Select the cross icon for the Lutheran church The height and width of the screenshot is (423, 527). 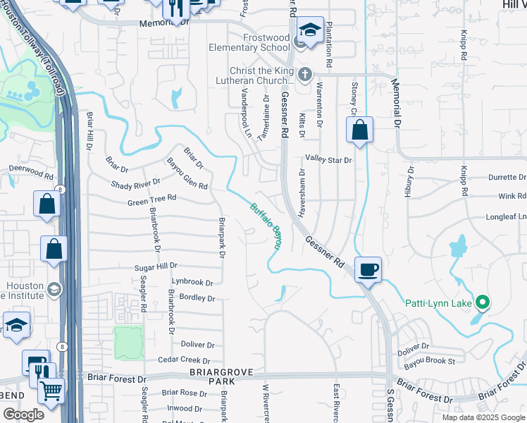click(304, 74)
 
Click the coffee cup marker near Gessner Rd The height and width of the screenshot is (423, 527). click(368, 269)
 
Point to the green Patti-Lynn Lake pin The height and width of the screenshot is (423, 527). click(483, 303)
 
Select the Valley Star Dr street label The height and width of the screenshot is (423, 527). click(328, 161)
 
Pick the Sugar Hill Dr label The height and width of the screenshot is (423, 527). click(156, 268)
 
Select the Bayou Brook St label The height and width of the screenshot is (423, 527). click(430, 362)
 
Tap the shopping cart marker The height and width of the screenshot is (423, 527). click(51, 391)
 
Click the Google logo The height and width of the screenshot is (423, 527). click(23, 415)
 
